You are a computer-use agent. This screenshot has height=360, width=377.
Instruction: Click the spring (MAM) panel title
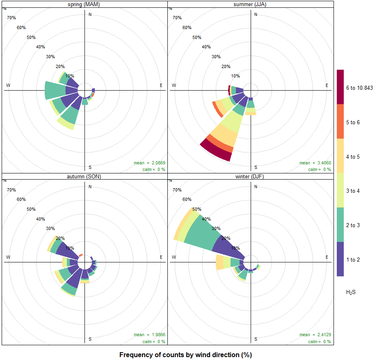(85, 4)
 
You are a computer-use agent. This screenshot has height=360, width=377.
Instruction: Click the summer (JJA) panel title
(250, 4)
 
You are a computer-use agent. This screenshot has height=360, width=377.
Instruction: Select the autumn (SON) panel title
(85, 176)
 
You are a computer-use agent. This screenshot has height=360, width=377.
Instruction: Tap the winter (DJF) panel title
(250, 176)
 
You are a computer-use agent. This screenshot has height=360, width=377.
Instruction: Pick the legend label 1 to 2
(353, 260)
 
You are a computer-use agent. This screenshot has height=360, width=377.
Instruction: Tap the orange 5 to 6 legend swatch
(340, 122)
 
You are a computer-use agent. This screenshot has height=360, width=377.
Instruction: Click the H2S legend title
(351, 292)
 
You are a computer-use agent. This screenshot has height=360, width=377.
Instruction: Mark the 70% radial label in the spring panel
(11, 18)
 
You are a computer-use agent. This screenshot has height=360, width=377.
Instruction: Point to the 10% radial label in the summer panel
(235, 76)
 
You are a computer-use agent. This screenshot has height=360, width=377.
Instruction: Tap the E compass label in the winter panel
(327, 257)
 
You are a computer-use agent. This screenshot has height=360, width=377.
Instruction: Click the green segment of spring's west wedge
(55, 90)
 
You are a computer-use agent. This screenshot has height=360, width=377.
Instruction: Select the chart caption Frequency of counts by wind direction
(185, 355)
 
